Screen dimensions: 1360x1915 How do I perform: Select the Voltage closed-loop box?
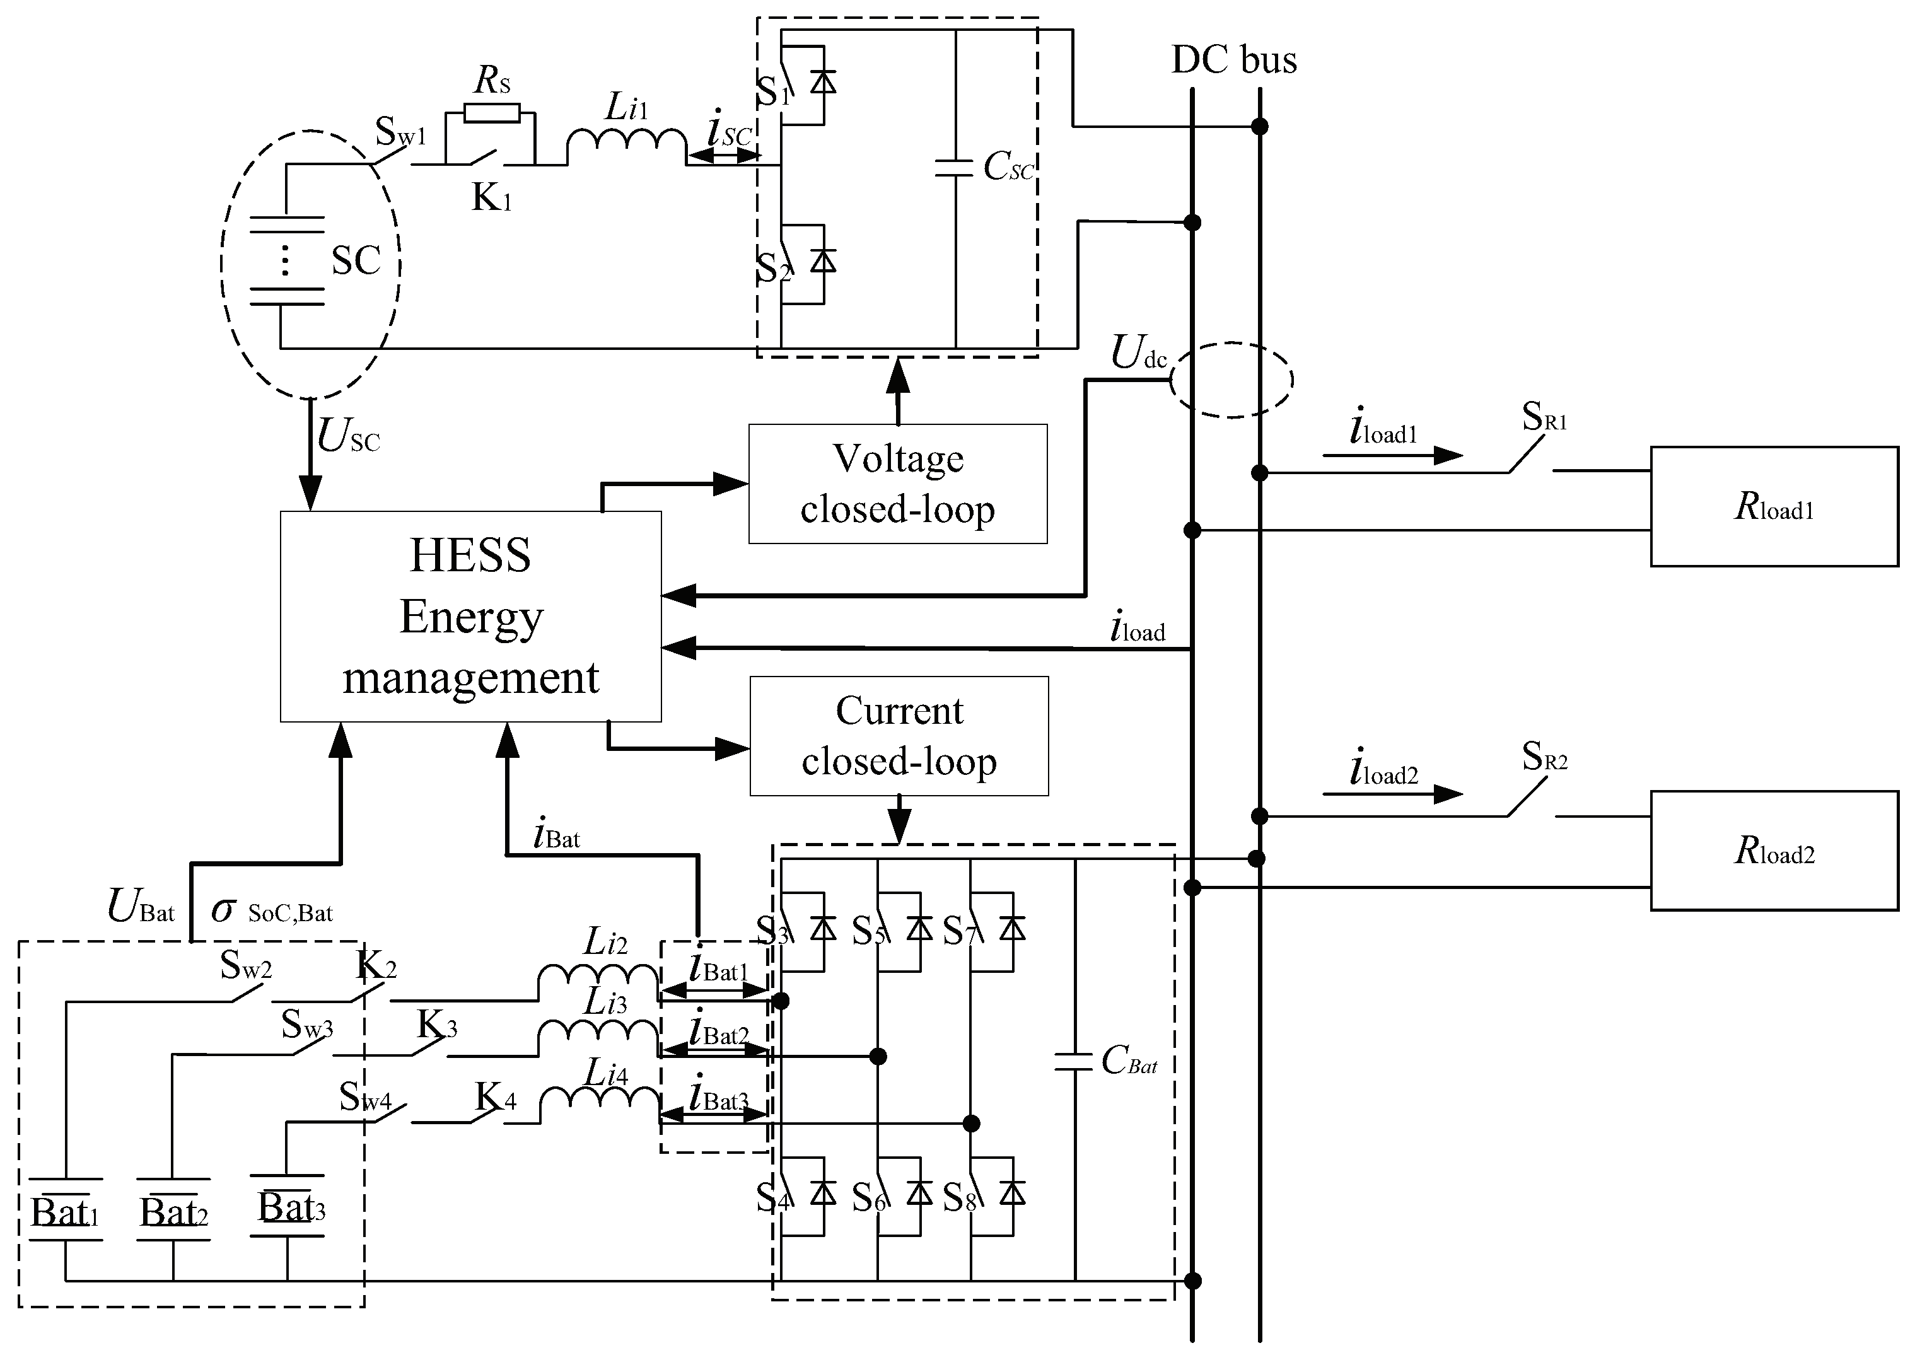pyautogui.click(x=898, y=484)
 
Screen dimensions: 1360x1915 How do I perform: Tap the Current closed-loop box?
pyautogui.click(x=899, y=735)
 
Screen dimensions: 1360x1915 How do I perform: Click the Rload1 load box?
pyautogui.click(x=1774, y=507)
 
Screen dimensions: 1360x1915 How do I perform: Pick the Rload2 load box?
pyautogui.click(x=1774, y=851)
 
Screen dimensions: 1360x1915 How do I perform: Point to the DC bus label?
pyautogui.click(x=1233, y=59)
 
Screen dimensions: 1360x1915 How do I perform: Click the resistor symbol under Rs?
pyautogui.click(x=492, y=113)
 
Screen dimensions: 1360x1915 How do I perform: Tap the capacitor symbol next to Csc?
pyautogui.click(x=955, y=168)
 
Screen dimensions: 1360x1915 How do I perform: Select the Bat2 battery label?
pyautogui.click(x=173, y=1212)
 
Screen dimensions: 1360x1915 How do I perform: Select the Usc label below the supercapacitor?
pyautogui.click(x=348, y=436)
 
